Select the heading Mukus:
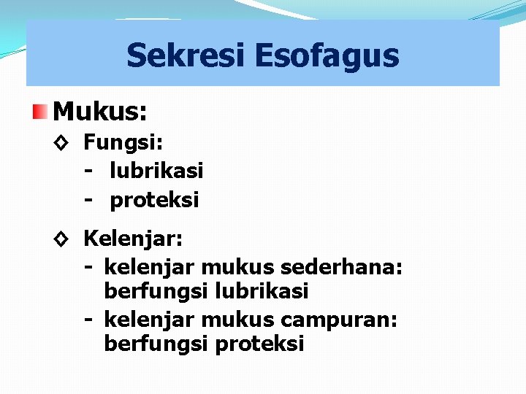tap(100, 112)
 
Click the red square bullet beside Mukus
tap(39, 112)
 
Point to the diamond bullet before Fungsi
tap(61, 143)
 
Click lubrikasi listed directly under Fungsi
tap(156, 171)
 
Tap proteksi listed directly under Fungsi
tap(154, 200)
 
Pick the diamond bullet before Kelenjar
tap(61, 239)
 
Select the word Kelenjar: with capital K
tap(134, 239)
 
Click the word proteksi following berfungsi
tap(259, 344)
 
